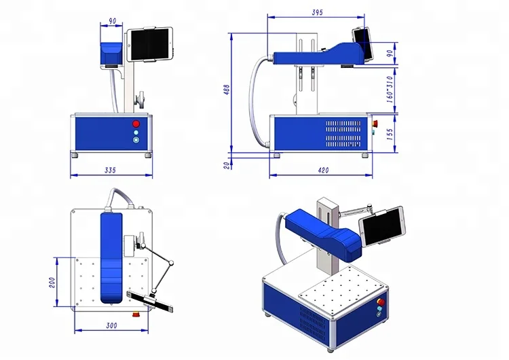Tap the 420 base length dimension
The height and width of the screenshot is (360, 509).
click(323, 170)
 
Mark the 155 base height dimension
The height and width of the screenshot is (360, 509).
click(389, 134)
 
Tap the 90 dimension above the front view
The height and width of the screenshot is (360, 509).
click(111, 21)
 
